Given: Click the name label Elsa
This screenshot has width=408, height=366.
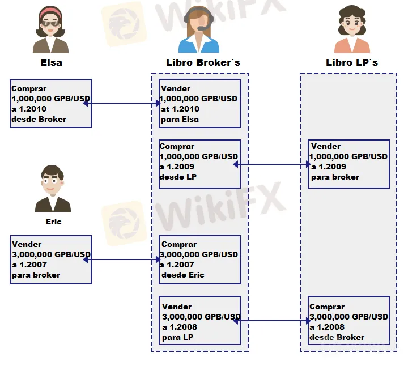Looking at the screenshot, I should coord(51,62).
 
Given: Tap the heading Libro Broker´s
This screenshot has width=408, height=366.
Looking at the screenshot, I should coord(203,62).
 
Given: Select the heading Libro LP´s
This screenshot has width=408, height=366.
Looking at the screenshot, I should coord(351,62).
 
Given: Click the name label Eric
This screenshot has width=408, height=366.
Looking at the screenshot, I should coord(53,222).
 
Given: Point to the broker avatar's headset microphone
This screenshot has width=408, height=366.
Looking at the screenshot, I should coord(201,28).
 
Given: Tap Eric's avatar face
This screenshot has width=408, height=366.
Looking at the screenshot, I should coord(53,181).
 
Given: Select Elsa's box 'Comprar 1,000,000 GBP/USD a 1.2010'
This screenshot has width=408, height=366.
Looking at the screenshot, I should coord(50,104).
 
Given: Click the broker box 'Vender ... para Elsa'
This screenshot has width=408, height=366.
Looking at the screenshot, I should coord(199,104).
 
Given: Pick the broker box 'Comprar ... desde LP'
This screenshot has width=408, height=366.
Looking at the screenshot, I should coord(199,164).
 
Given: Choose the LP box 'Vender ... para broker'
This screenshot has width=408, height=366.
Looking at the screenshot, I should coord(349,164).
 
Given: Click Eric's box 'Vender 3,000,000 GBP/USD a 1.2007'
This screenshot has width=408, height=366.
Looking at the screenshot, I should coord(50,259).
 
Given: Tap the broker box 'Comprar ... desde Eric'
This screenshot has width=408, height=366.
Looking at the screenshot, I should coord(199,259).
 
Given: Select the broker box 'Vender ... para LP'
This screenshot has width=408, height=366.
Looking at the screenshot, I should coord(199,321).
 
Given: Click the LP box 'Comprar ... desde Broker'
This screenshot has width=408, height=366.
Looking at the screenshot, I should coord(349,321).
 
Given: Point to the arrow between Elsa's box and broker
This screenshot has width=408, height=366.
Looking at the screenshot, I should coord(121,103).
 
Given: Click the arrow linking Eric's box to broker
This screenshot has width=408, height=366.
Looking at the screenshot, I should coord(121,260).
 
